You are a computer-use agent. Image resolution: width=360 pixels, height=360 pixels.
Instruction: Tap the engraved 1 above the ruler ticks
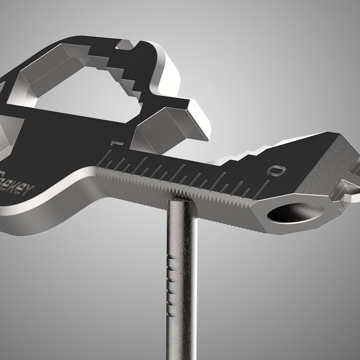tap(114, 144)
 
